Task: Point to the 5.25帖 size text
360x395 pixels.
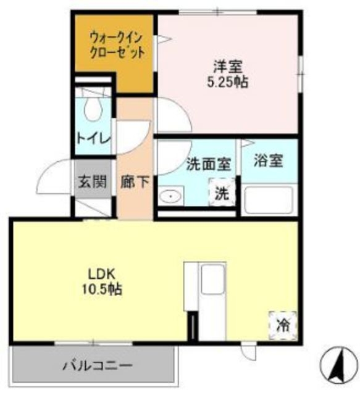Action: pyautogui.click(x=227, y=81)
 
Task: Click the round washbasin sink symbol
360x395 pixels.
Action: pyautogui.click(x=169, y=197)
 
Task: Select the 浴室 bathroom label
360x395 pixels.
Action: pyautogui.click(x=269, y=160)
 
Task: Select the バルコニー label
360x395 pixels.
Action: pyautogui.click(x=97, y=366)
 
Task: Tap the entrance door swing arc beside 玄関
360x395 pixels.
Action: pyautogui.click(x=52, y=176)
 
